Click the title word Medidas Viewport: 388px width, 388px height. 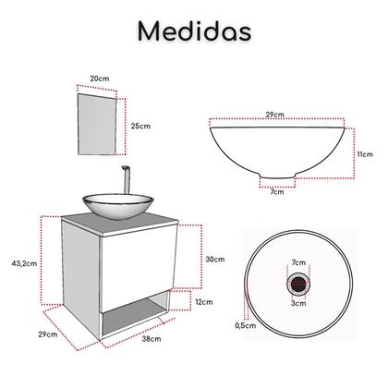(x=193, y=30)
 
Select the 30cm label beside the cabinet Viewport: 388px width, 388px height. (x=214, y=260)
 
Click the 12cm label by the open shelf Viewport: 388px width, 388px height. (x=204, y=302)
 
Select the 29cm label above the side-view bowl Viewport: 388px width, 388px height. (x=273, y=114)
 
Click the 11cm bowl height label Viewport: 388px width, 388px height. (x=367, y=154)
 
